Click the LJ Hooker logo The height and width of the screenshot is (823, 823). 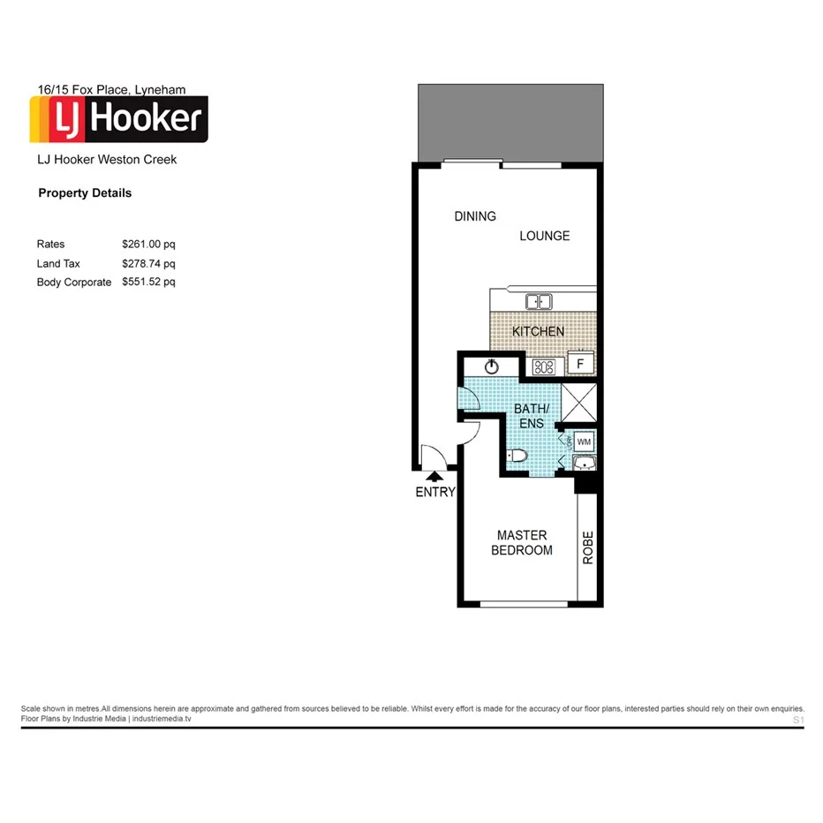click(x=119, y=119)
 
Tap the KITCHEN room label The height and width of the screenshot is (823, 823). click(x=538, y=331)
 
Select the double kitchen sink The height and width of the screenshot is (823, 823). click(x=539, y=302)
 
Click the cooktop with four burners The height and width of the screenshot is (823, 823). click(x=543, y=366)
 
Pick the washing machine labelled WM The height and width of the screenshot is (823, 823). click(x=585, y=441)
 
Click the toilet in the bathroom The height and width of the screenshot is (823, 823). click(x=517, y=457)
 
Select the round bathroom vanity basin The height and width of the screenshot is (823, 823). click(x=492, y=366)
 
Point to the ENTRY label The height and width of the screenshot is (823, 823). click(x=434, y=493)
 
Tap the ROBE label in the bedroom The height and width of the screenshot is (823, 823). click(x=588, y=547)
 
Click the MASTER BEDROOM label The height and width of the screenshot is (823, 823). click(x=523, y=543)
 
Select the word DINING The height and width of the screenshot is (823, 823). click(x=475, y=216)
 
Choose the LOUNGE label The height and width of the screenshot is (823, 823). click(x=544, y=236)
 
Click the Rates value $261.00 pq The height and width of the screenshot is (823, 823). click(x=148, y=244)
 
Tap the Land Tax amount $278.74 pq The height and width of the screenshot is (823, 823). click(x=148, y=263)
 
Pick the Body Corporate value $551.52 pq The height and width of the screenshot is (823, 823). click(x=148, y=283)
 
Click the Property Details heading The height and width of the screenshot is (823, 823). click(x=85, y=193)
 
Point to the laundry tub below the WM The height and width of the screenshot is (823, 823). click(x=585, y=464)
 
